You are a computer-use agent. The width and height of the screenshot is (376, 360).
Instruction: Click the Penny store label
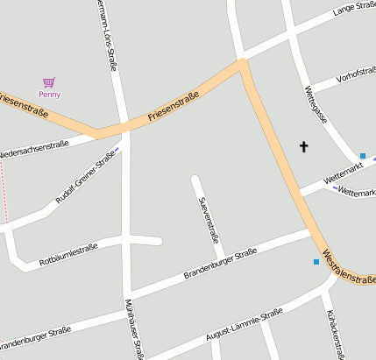[50, 94]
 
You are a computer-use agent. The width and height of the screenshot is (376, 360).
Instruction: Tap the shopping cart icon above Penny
[49, 82]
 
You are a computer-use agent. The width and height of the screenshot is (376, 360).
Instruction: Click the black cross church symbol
[304, 147]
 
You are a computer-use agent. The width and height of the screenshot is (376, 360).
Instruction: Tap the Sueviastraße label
[208, 219]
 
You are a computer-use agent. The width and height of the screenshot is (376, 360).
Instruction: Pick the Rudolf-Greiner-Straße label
[85, 178]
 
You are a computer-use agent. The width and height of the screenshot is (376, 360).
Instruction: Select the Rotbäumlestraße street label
[68, 254]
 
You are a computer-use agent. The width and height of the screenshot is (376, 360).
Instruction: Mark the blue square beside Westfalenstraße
[316, 261]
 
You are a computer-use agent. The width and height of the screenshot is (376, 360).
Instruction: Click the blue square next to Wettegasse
[362, 156]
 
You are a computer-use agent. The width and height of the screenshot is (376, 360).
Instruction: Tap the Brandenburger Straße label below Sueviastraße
[220, 265]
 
